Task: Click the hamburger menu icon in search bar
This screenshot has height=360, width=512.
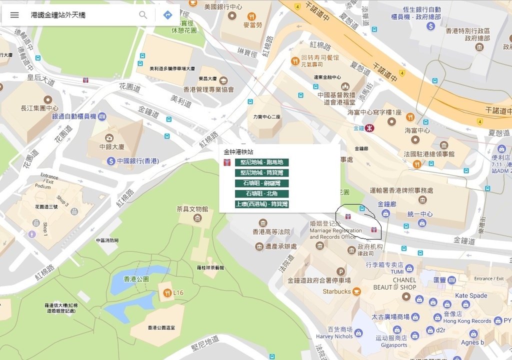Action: click(14, 15)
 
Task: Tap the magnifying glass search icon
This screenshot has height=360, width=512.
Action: click(143, 15)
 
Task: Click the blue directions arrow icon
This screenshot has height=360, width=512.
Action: click(168, 15)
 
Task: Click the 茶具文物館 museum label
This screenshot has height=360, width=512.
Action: click(192, 209)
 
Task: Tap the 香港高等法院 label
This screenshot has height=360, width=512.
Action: click(271, 232)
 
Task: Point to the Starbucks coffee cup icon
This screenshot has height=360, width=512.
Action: click(356, 291)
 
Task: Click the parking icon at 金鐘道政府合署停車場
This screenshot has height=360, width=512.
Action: click(341, 270)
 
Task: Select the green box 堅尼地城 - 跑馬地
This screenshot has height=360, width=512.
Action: click(261, 162)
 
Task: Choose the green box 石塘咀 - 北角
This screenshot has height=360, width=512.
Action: click(261, 193)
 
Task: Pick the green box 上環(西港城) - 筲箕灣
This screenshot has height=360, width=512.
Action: click(261, 204)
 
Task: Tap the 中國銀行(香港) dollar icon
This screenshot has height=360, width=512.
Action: click(111, 161)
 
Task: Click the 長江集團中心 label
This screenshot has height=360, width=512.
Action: click(39, 108)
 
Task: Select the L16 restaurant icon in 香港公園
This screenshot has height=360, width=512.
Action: click(166, 292)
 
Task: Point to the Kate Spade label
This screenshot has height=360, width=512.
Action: click(470, 295)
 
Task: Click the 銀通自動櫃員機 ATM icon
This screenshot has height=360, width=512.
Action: click(102, 116)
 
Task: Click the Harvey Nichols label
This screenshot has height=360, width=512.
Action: click(334, 336)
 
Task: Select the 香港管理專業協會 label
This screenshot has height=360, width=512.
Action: click(208, 89)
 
